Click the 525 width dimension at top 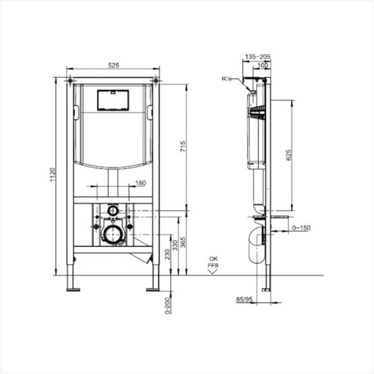113,65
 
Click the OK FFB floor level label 213,262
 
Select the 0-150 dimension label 299,228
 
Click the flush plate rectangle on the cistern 113,100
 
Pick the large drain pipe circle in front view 111,235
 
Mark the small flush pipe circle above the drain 111,212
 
